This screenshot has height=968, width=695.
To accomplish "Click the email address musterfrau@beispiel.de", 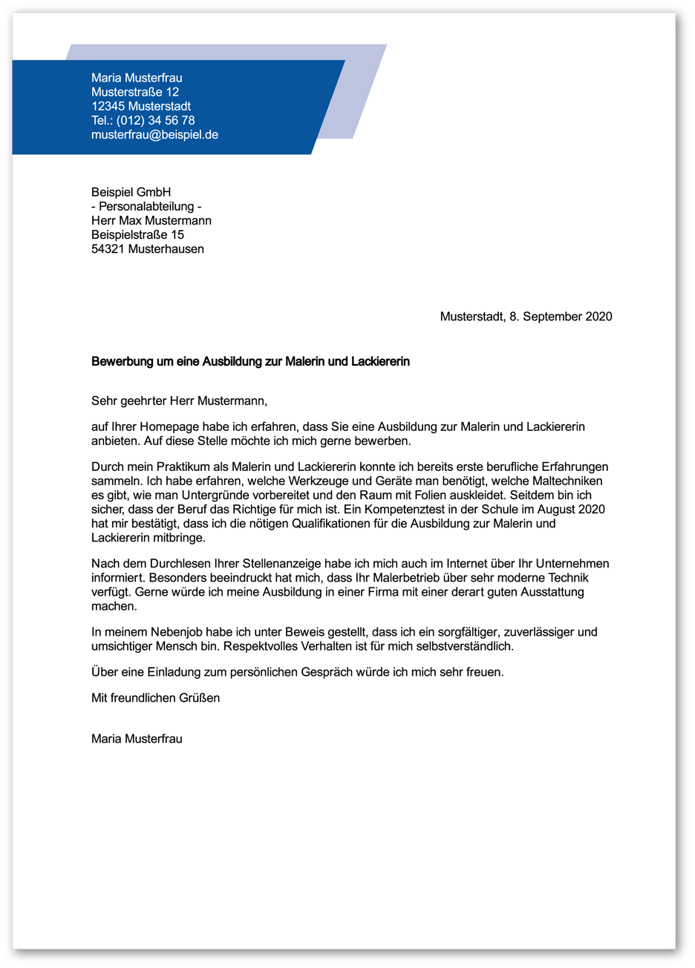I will pos(154,135).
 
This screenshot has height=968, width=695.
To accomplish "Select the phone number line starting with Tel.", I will pos(143,120).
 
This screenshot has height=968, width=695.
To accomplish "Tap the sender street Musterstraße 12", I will pos(134,92).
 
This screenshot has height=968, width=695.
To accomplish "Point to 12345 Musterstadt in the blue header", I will pos(140,106).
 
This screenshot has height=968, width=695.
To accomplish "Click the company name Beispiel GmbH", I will pos(131,192).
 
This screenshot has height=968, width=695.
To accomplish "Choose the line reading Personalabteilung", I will pos(146,206).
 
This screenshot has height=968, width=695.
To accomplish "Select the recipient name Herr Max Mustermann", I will pos(151,221).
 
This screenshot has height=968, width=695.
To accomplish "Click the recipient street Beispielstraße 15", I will pos(137,234).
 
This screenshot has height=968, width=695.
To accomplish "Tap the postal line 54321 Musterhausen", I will pos(147,249).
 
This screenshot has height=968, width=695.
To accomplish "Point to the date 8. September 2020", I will pos(561,317).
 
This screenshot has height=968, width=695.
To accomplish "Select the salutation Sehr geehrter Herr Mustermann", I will pos(178,401).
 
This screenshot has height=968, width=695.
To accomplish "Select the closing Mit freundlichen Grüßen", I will pos(155,698).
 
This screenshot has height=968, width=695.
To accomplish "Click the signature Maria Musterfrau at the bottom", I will pos(137,739).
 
